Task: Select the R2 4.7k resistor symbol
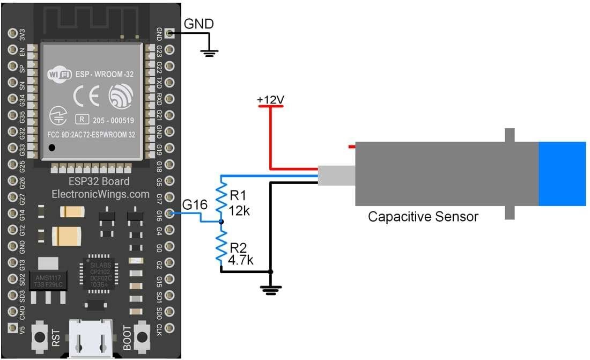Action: click(x=220, y=246)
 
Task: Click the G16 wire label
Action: click(x=194, y=205)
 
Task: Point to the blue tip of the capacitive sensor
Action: click(x=562, y=174)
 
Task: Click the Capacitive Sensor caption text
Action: click(x=423, y=217)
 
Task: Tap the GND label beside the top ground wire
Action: click(x=198, y=24)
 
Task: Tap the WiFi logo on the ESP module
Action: click(x=60, y=74)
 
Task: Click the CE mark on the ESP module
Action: click(x=85, y=98)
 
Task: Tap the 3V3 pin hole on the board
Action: click(x=12, y=33)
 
